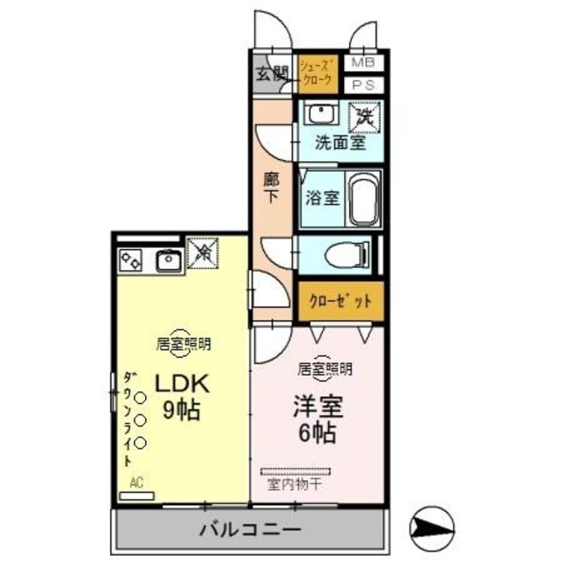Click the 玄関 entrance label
coord(272,74)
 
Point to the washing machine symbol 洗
coord(363,114)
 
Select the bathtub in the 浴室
coord(362,198)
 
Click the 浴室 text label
coord(322,198)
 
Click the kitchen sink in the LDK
coord(167,259)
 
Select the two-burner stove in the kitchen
coord(132,260)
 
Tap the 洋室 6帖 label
coord(317,420)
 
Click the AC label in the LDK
coord(136,482)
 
